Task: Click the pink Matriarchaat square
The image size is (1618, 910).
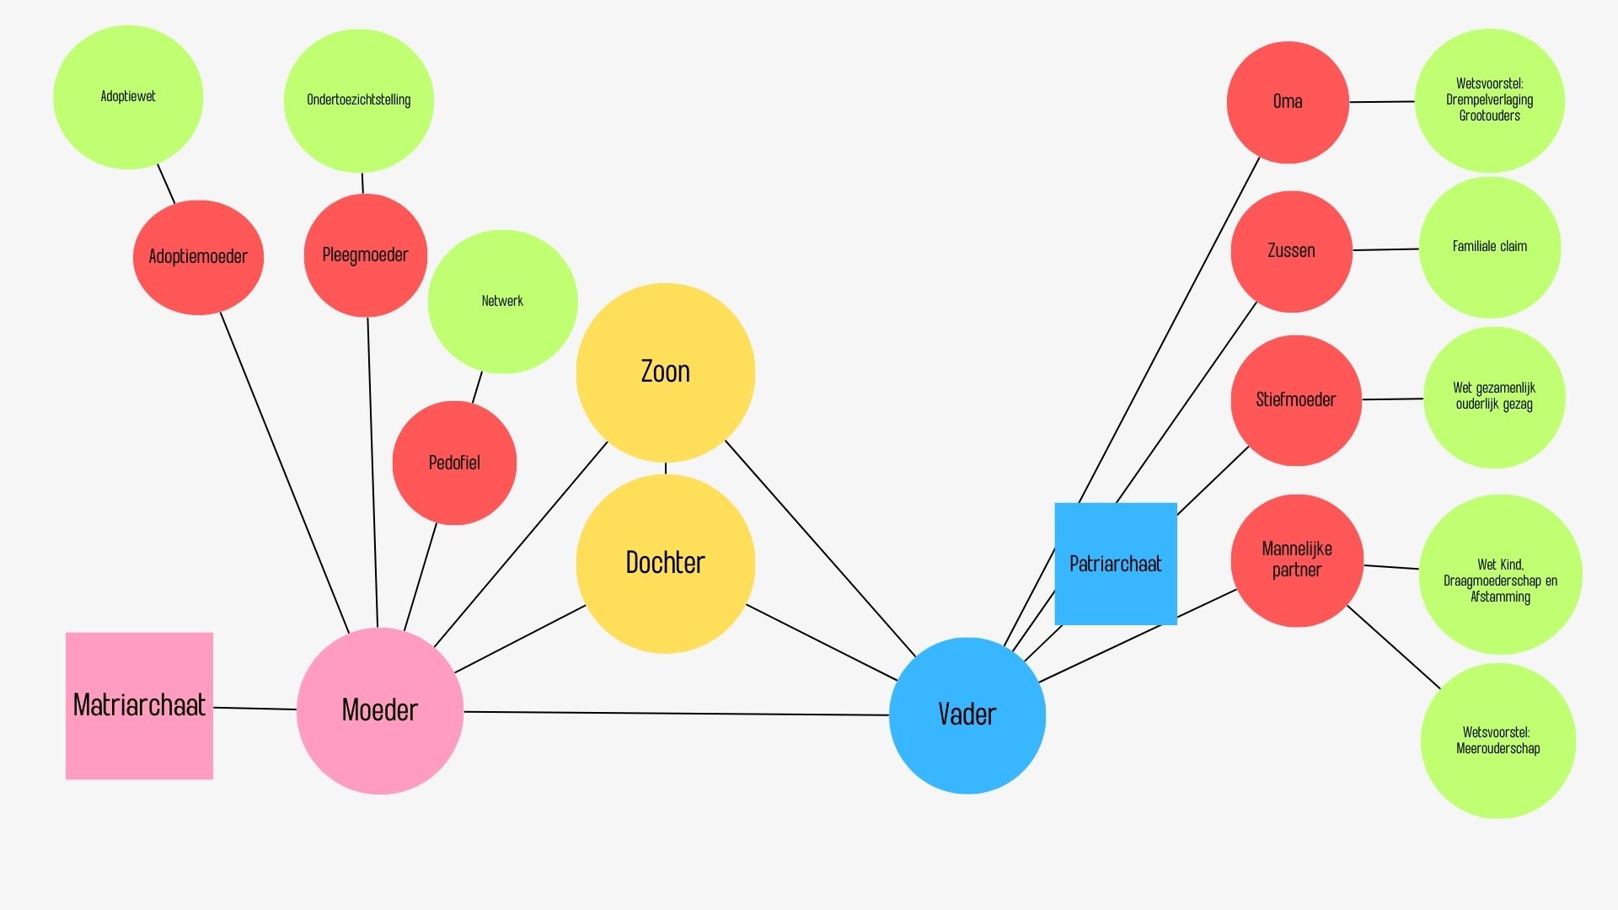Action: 139,706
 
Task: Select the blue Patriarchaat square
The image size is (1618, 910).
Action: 1115,564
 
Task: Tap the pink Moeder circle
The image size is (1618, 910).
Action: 380,710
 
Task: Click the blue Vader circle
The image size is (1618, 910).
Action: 967,715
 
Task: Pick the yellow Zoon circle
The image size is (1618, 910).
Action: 665,372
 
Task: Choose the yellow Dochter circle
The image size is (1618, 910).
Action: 665,563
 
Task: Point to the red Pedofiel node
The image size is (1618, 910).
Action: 454,463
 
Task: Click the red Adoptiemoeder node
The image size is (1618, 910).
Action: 198,257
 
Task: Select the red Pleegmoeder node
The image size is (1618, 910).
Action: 365,255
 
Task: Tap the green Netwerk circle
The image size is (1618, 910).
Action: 502,301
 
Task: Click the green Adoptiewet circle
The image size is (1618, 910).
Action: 128,97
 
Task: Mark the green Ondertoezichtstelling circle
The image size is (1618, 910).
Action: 358,100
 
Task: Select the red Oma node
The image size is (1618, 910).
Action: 1287,102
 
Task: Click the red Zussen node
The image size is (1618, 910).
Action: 1291,251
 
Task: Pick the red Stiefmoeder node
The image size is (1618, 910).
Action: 1295,400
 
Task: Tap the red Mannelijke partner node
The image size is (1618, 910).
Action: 1296,560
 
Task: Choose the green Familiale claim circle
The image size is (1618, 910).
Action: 1489,247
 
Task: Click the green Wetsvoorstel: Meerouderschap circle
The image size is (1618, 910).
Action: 1497,741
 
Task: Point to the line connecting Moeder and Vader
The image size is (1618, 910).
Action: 674,714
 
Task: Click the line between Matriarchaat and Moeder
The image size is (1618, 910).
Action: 254,709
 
